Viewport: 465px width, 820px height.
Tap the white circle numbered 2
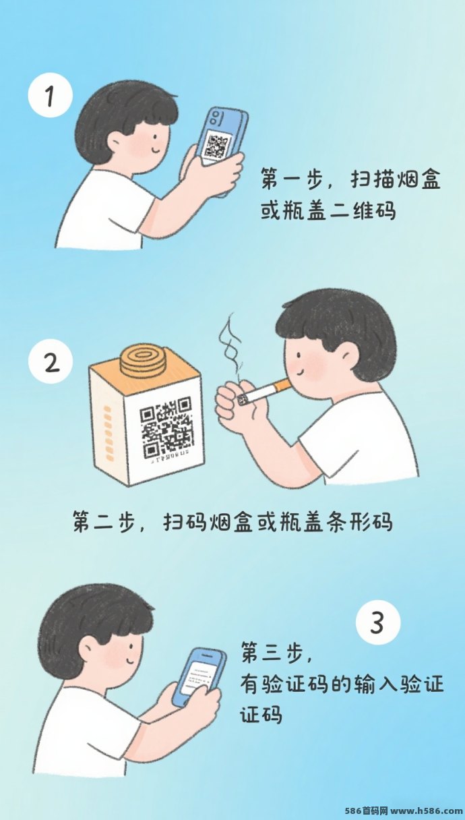pyautogui.click(x=50, y=362)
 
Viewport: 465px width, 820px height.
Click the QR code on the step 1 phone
pyautogui.click(x=217, y=146)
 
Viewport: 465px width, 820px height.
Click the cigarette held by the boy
pyautogui.click(x=267, y=391)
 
